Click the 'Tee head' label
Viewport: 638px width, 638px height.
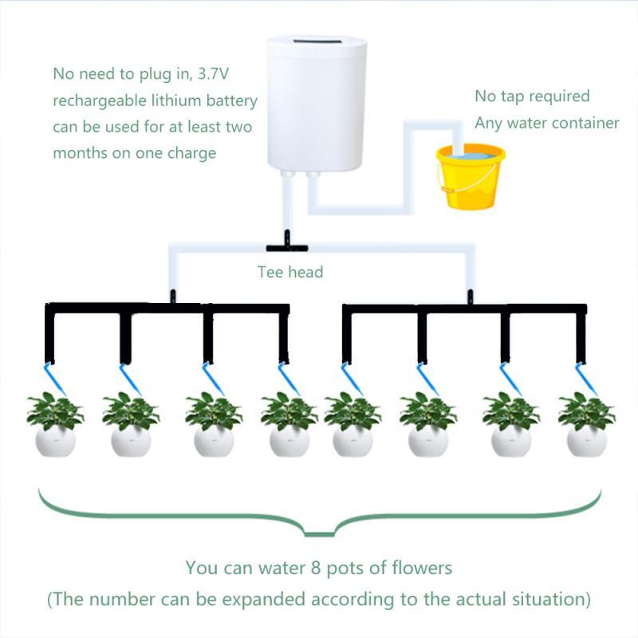(289, 272)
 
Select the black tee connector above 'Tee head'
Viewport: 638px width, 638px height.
(283, 237)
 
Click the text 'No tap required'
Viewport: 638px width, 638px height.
(532, 96)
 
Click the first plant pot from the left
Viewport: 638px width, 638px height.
(55, 439)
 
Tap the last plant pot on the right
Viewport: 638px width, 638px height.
(586, 439)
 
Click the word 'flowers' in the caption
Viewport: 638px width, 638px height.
(423, 569)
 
